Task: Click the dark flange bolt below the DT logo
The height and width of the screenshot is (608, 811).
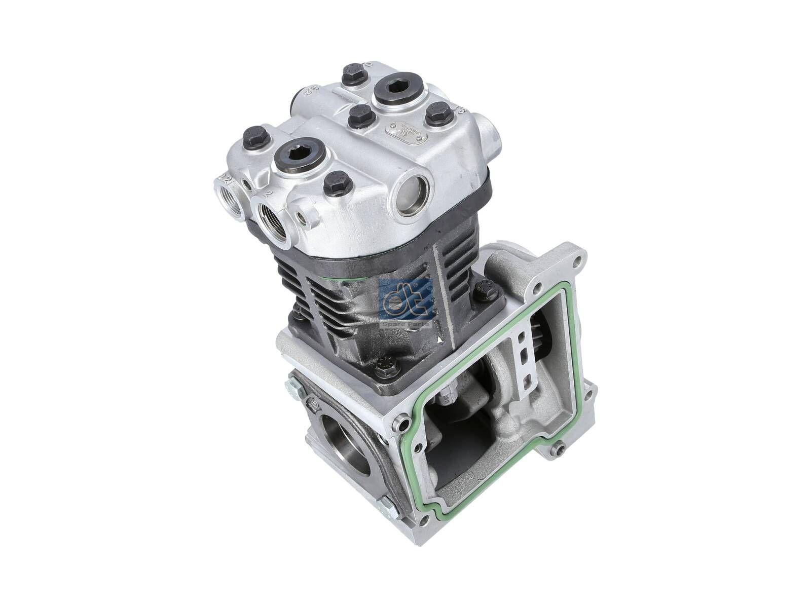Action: [386, 364]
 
